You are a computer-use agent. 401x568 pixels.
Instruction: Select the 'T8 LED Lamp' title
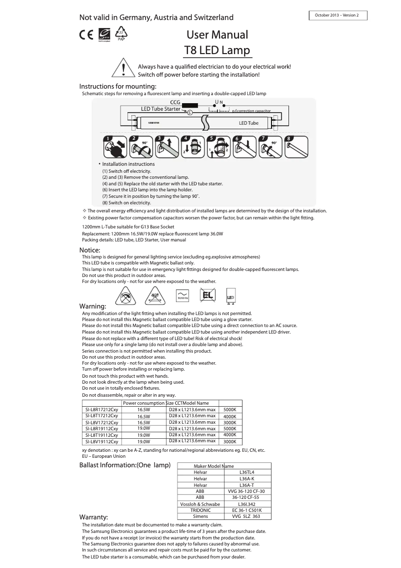(217, 51)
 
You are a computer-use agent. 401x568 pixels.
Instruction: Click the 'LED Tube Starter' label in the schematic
(160, 109)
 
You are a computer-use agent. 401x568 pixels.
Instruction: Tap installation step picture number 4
(193, 147)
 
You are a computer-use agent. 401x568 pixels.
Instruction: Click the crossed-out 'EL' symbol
(208, 296)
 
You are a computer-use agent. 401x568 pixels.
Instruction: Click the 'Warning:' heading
(93, 306)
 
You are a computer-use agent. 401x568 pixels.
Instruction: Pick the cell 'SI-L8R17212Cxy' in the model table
(101, 410)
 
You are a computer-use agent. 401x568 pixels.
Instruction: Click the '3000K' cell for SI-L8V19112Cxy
(230, 442)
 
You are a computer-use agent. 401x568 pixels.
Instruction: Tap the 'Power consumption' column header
(143, 403)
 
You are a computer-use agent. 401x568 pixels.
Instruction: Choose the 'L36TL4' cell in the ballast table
(247, 472)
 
